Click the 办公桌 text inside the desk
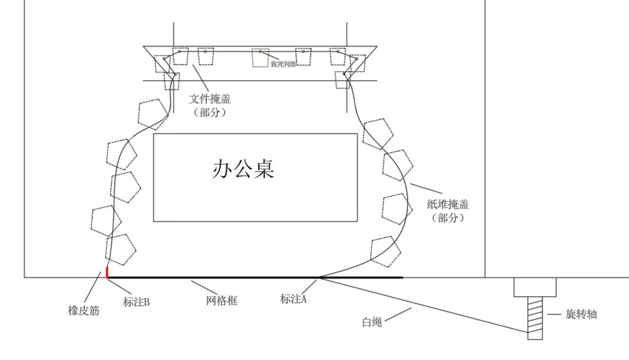243,169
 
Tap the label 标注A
293,299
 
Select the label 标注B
136,301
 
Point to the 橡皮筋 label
83,311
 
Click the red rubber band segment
107,272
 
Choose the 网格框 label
221,301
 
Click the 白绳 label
372,321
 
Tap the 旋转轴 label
580,315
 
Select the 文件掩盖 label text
210,98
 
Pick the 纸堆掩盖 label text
447,205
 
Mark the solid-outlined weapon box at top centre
260,58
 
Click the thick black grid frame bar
255,278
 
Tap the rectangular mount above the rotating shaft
535,287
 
